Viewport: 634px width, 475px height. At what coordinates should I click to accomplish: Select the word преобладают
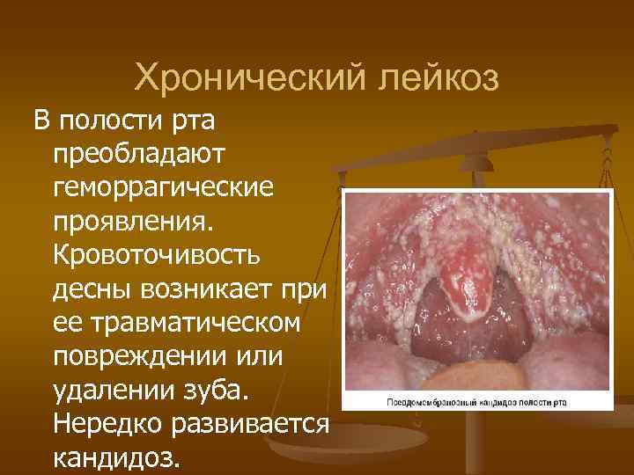coord(140,153)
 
